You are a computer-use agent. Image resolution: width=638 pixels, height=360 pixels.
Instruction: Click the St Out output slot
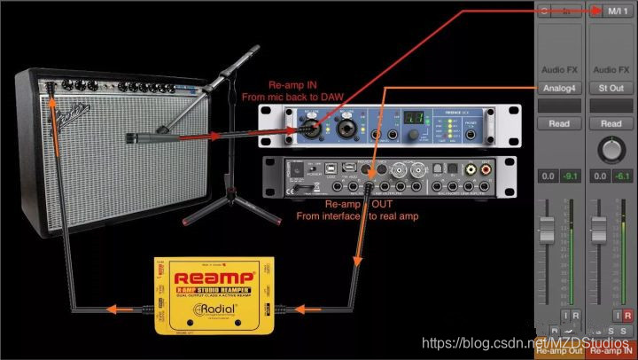[x=611, y=88]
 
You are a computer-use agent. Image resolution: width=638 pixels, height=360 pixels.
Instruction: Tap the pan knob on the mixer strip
[x=611, y=149]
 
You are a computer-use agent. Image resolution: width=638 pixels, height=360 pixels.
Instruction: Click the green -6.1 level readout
[x=623, y=176]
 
